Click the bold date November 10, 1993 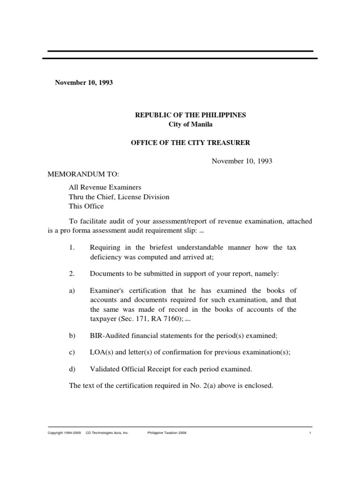click(84, 82)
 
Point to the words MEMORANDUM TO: click(77, 174)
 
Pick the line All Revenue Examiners click(105, 187)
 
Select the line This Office click(86, 206)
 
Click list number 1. click(72, 247)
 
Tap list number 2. click(72, 273)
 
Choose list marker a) click(72, 291)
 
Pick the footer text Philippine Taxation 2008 click(167, 433)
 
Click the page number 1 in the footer click(310, 433)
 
